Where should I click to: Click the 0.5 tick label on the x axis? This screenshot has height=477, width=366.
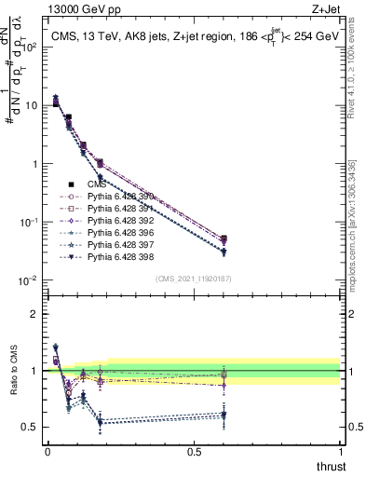[x=194, y=451]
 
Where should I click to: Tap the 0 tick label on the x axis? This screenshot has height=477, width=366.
[x=47, y=451]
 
